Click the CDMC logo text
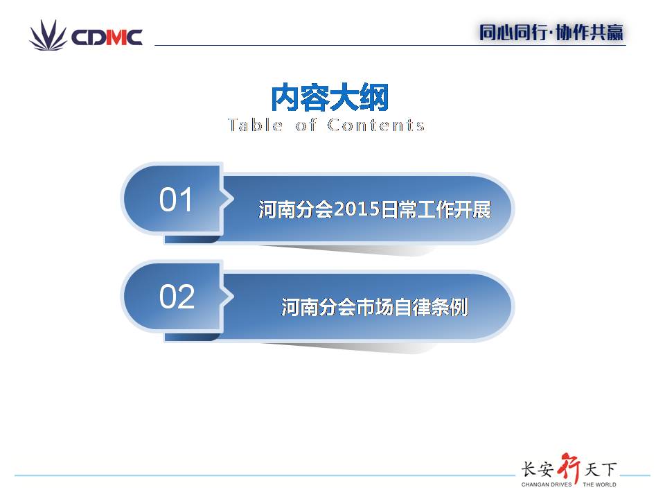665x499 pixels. (107, 37)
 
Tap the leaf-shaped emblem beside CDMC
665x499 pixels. (48, 35)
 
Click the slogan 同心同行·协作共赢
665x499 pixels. (551, 33)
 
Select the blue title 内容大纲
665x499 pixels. (330, 98)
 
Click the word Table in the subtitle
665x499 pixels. (256, 125)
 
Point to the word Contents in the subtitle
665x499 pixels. (375, 125)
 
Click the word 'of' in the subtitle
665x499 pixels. (305, 125)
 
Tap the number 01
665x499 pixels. (175, 200)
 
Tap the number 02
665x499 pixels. (177, 296)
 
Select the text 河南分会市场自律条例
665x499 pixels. (375, 307)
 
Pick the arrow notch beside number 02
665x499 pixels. (228, 296)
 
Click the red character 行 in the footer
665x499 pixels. (569, 468)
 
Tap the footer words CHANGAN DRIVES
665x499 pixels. (547, 484)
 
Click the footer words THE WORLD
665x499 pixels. (599, 484)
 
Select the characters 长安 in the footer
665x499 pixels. (538, 469)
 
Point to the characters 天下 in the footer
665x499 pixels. (601, 469)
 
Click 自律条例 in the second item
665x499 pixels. (431, 307)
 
